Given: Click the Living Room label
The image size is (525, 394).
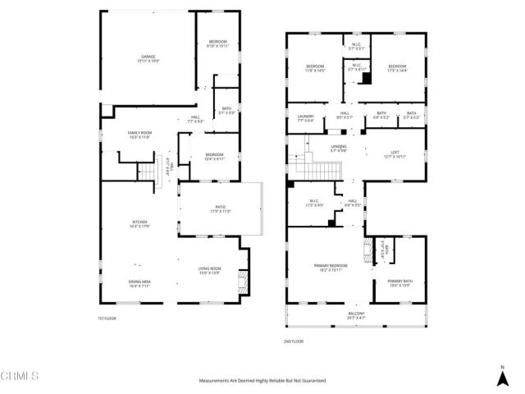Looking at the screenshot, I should pos(210,269).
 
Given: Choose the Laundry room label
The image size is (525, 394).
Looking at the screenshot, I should pos(305,117).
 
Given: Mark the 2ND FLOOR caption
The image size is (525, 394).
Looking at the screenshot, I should pos(293,341).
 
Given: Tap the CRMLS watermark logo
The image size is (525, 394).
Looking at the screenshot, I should pos(22,376).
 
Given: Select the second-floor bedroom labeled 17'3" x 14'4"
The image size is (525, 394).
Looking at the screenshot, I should pos(398,67).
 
